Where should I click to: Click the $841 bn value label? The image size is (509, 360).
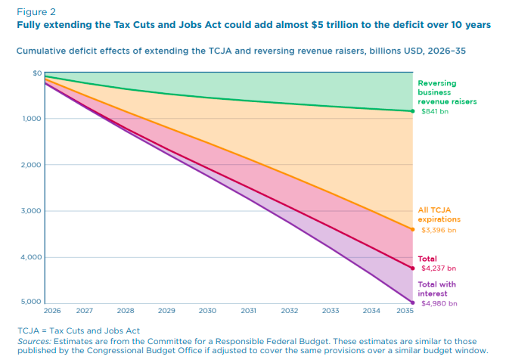[434, 111]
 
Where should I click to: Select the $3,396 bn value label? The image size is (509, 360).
[438, 229]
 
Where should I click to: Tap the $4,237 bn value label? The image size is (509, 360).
[438, 268]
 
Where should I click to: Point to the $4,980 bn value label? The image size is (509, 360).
[438, 303]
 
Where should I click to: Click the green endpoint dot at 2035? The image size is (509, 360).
[412, 111]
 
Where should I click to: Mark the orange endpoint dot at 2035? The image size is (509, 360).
[412, 229]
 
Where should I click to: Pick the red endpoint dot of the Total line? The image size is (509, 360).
[412, 268]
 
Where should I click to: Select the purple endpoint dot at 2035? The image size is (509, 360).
[412, 303]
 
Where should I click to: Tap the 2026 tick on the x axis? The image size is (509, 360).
[51, 311]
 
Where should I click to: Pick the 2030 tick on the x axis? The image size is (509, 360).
[207, 311]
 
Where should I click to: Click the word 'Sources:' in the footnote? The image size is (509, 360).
[34, 341]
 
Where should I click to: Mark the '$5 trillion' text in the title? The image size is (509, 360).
[327, 24]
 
